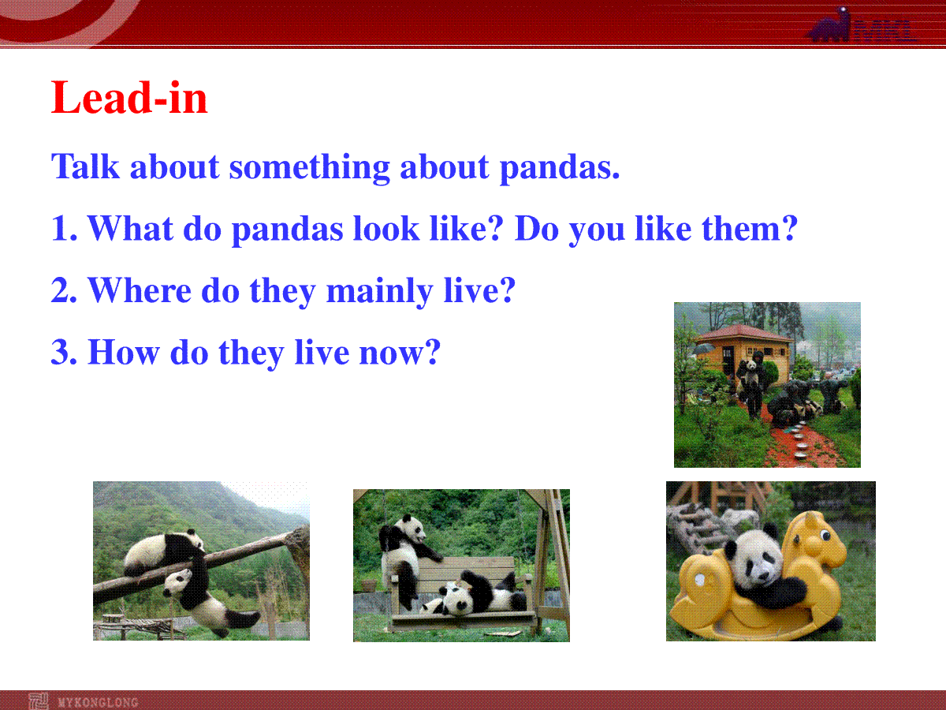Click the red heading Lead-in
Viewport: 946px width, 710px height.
[129, 98]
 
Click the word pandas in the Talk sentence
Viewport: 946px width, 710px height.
[560, 168]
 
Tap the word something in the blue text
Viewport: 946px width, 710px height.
[309, 168]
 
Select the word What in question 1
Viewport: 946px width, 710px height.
[131, 228]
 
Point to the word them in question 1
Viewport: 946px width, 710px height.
[750, 228]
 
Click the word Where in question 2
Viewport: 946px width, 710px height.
[140, 290]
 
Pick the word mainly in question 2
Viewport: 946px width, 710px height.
[380, 292]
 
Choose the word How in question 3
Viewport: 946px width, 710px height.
[124, 352]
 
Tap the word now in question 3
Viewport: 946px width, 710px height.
[400, 353]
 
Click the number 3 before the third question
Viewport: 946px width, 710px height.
[58, 352]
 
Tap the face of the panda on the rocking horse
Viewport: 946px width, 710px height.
[756, 560]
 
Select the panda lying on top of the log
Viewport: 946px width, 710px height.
[164, 553]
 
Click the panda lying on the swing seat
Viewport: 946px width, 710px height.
[474, 594]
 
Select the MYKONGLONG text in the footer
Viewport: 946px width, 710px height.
[99, 702]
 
